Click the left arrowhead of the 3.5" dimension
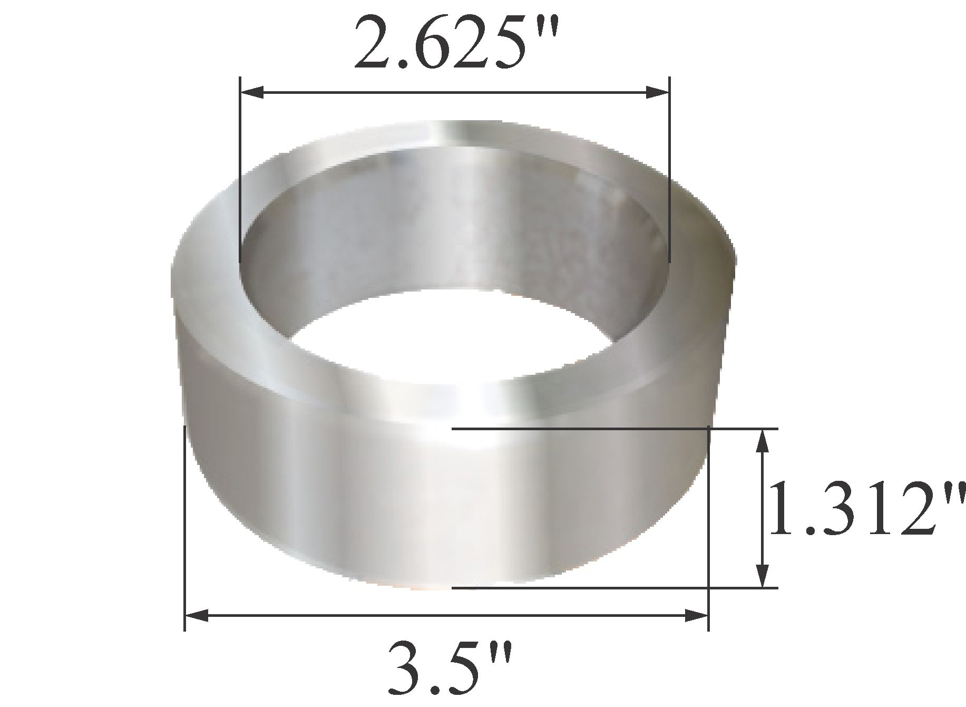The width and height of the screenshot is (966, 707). [x=196, y=615]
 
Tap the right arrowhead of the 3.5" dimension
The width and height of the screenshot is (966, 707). [x=696, y=615]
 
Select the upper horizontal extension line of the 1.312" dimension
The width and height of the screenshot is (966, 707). [x=580, y=429]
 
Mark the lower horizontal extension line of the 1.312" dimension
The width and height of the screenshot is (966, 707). [x=580, y=587]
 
